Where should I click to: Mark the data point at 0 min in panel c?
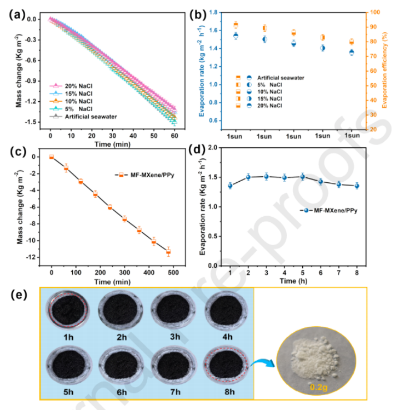[51, 157]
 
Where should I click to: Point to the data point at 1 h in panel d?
[230, 186]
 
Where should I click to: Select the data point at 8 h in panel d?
[357, 186]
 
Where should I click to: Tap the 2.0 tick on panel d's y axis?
[219, 148]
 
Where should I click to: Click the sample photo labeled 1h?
[68, 310]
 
